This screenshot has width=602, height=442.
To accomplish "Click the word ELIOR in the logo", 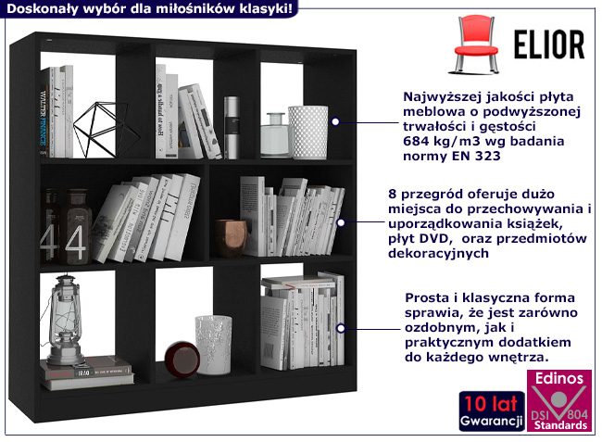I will pos(547,44).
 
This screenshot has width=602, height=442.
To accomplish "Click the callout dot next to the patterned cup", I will pos(336,120).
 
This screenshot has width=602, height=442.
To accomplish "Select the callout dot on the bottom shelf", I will pos(342,328).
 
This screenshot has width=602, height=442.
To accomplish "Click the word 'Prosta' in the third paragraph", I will pos(428,297).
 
